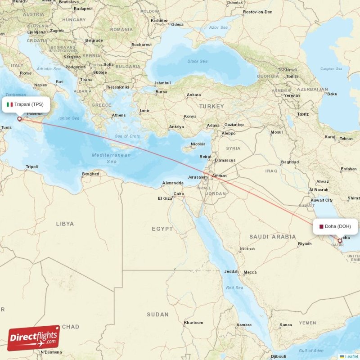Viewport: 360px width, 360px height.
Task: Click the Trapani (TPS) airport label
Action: (x=29, y=104)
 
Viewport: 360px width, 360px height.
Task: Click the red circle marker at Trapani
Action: (x=19, y=119)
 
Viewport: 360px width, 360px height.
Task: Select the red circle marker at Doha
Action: (x=340, y=241)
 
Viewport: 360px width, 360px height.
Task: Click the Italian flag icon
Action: (x=9, y=104)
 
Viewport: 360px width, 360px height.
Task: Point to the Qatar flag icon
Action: (x=321, y=226)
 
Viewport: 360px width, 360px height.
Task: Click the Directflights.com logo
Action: (x=34, y=338)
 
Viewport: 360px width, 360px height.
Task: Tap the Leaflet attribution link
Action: (x=351, y=356)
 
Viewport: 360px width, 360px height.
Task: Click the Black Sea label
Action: (x=198, y=61)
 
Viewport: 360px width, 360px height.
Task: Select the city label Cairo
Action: (x=179, y=194)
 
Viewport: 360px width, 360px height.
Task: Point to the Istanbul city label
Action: (x=163, y=83)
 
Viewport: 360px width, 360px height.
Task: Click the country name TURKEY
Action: (x=212, y=106)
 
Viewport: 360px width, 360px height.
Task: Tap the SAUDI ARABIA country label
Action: (x=273, y=237)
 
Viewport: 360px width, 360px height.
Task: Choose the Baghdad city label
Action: (x=289, y=162)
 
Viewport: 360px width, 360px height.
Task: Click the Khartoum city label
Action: (x=193, y=323)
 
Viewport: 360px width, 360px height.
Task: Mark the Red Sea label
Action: (x=234, y=288)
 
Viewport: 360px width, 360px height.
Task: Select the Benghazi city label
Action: (x=90, y=174)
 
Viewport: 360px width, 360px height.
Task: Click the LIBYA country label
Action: (x=65, y=224)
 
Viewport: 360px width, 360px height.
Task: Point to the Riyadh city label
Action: (x=305, y=244)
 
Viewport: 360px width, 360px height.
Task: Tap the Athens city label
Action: (x=119, y=115)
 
